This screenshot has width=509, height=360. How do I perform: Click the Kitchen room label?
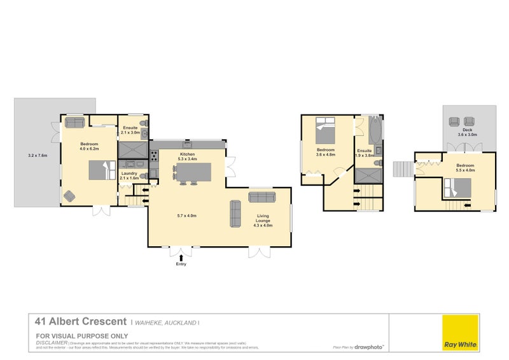tap(187, 155)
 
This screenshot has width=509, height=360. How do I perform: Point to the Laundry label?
tap(129, 174)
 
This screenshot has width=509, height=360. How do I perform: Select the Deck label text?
tap(467, 131)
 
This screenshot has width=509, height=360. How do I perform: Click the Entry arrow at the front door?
tap(180, 257)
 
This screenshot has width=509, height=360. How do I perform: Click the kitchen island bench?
tap(193, 172)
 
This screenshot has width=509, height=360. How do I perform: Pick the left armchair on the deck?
tap(454, 121)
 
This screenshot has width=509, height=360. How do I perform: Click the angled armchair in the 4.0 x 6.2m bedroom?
tap(69, 197)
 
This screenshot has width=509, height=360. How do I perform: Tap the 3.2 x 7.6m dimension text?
tap(38, 155)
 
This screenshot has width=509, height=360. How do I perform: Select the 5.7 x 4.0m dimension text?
tap(186, 216)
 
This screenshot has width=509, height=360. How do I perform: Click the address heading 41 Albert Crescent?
tap(81, 322)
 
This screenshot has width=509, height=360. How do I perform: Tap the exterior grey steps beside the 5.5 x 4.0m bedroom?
tap(403, 169)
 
